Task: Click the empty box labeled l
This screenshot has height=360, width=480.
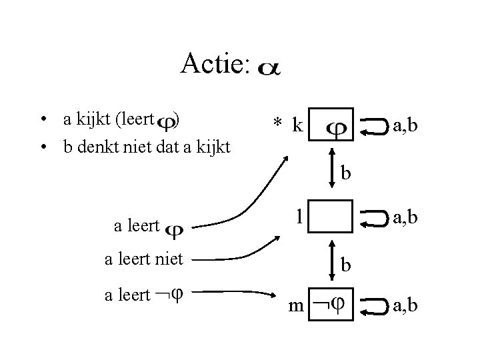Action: pos(331,216)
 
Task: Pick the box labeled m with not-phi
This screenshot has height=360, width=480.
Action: pos(331,307)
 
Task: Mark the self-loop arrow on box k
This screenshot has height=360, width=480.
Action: pos(373,125)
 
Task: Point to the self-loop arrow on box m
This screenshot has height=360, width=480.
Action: pos(373,307)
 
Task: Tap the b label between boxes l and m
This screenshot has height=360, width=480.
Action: pos(346,265)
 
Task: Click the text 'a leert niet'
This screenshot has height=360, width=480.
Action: pos(143,259)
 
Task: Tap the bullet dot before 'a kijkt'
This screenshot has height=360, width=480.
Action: pos(42,121)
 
